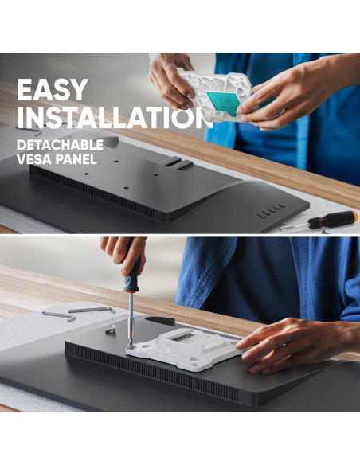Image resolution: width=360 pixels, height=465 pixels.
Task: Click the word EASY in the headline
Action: (x=53, y=89)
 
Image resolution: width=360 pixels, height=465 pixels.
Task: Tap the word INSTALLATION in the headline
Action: (x=115, y=117)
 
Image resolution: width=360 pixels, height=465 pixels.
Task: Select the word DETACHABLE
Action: (x=60, y=145)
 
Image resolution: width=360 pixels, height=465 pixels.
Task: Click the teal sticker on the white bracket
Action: (x=223, y=103)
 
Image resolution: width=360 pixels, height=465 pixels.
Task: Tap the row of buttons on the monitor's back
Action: (x=271, y=210)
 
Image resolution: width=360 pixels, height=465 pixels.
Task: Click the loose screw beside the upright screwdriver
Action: (x=111, y=329)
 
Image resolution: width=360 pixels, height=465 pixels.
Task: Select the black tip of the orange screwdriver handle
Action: (x=313, y=223)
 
